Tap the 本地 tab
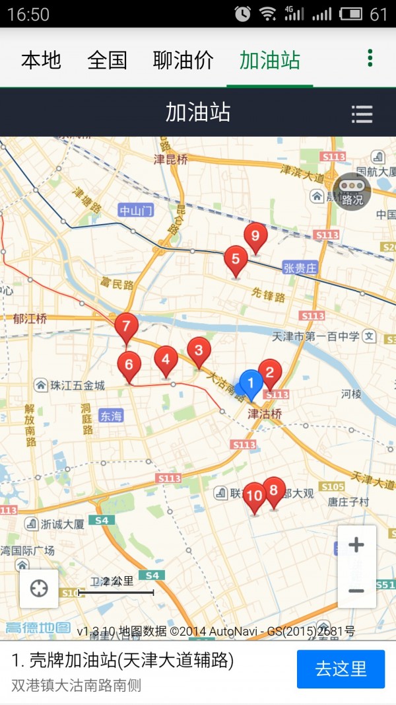pos(41,60)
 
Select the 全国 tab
pos(107,60)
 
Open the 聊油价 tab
pos(183,60)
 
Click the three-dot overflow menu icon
pos(370,58)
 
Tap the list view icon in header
pos(362,114)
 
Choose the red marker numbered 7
pos(126,326)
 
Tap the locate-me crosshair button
pos(39,588)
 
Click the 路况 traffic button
pos(352,191)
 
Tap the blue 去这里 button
pos(341,669)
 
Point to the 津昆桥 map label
pos(171,159)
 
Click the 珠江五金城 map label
pos(71,385)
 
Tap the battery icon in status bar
pos(351,14)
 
